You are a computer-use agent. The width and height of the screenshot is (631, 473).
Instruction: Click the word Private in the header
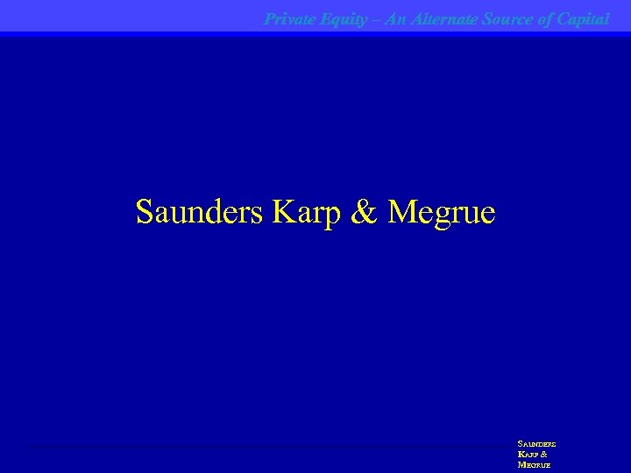click(x=289, y=18)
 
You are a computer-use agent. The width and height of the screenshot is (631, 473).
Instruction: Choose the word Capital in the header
click(x=584, y=18)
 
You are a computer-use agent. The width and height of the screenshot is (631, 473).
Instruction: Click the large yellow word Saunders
click(x=199, y=211)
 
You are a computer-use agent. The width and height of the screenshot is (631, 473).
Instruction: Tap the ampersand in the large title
click(x=360, y=211)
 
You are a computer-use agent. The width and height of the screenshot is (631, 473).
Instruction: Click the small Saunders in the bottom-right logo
click(x=536, y=444)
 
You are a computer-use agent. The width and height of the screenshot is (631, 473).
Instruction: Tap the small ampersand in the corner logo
click(x=545, y=455)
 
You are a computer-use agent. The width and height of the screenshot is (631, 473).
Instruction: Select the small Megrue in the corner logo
click(x=534, y=465)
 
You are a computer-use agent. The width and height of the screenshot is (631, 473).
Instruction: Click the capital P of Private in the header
click(x=269, y=18)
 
